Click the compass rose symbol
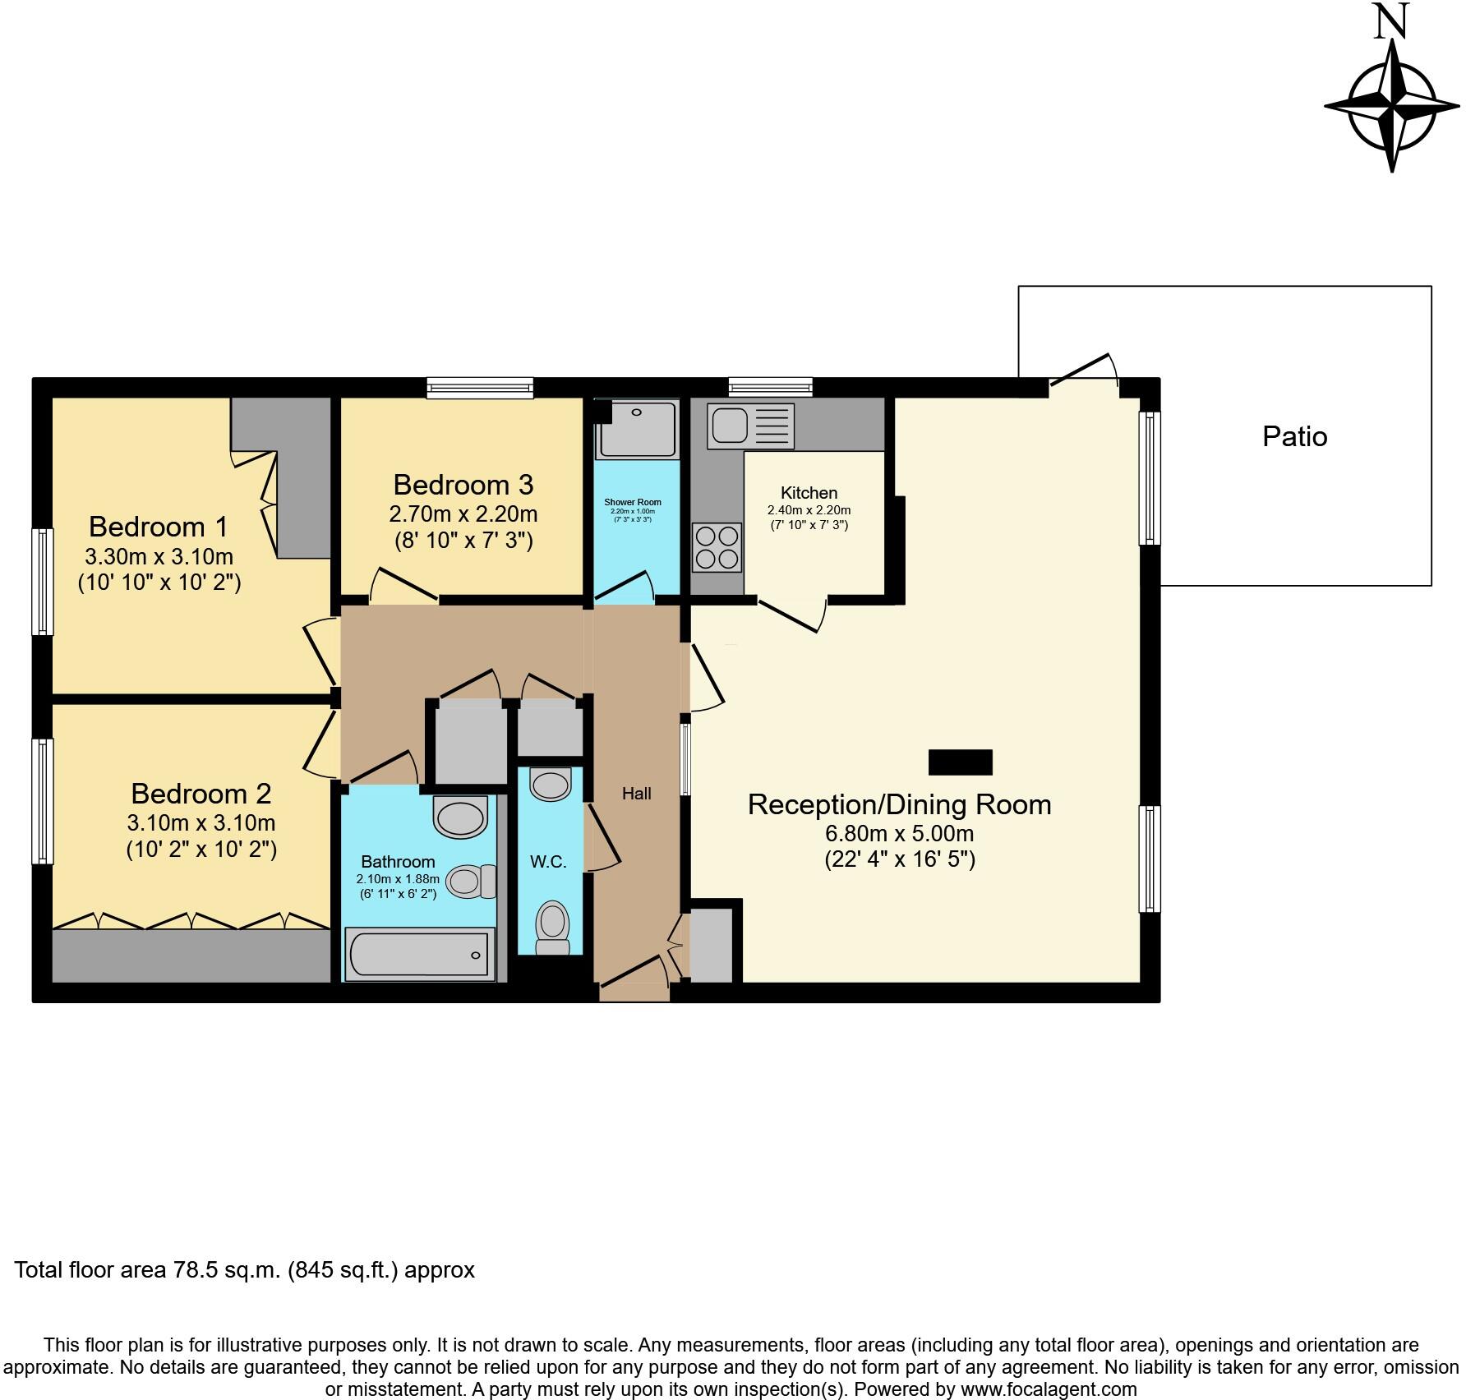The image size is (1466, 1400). [x=1392, y=106]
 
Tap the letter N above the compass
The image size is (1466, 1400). [x=1392, y=22]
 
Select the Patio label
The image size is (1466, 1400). [x=1294, y=436]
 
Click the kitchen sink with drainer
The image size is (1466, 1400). [x=750, y=426]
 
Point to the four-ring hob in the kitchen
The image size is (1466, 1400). [x=717, y=548]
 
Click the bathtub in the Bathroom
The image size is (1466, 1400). [x=419, y=955]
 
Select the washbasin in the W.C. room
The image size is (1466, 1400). [x=550, y=784]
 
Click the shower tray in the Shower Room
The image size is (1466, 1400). [x=637, y=429]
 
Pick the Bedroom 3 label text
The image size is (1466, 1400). [x=463, y=485]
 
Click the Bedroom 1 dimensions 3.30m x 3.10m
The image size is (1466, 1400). [x=159, y=556]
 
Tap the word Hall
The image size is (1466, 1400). [x=636, y=794]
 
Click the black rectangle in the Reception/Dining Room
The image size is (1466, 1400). [x=960, y=762]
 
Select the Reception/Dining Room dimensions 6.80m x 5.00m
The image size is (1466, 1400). [x=899, y=834]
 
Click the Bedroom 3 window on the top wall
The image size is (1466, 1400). [x=480, y=388]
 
